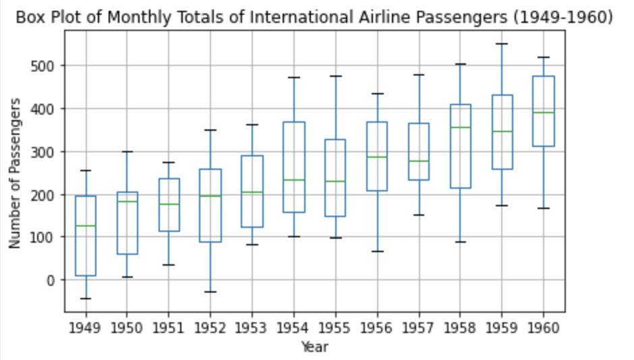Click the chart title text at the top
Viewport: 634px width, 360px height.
pos(314,18)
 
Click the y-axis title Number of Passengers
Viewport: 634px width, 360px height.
pos(14,173)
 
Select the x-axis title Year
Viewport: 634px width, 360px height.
pos(314,347)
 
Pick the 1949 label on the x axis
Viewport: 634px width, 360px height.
pos(86,328)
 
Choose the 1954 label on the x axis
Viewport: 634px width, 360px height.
pos(293,328)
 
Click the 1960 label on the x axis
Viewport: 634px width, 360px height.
pos(543,328)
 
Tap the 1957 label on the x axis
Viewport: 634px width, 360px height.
pos(418,328)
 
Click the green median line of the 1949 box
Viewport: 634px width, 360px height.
pos(86,226)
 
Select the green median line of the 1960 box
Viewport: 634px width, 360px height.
pos(543,113)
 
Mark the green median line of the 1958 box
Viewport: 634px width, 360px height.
pos(460,127)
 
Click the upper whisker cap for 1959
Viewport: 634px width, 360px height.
pos(502,44)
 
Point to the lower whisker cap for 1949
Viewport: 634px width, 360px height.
pos(86,299)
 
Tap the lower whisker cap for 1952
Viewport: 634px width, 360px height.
pos(210,292)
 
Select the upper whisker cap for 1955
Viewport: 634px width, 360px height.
pos(335,76)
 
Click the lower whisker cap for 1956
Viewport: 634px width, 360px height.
pos(377,251)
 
